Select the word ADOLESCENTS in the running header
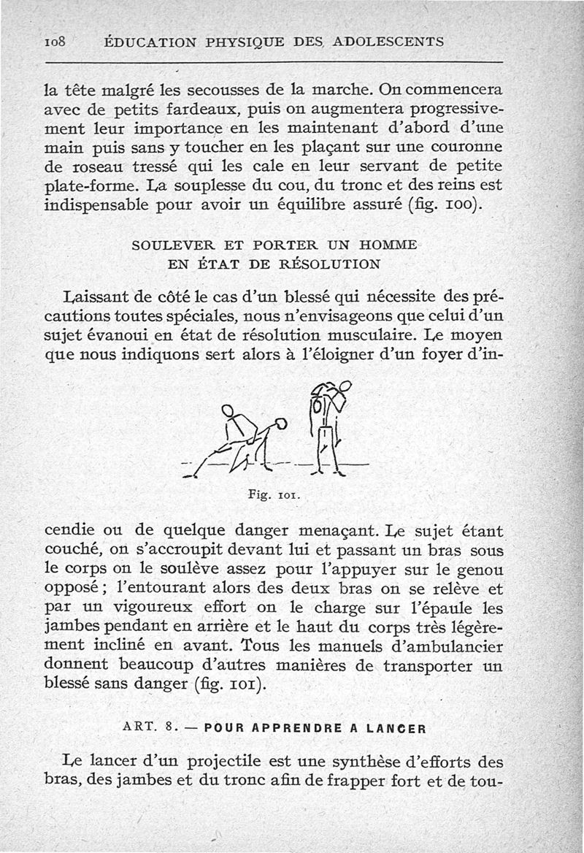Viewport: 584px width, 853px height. pyautogui.click(x=388, y=42)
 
